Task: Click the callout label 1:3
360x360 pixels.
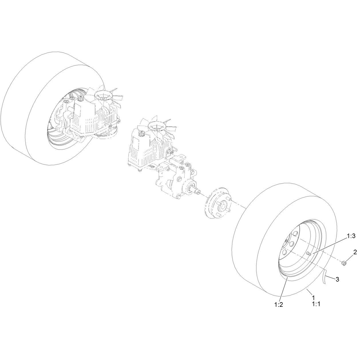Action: click(351, 236)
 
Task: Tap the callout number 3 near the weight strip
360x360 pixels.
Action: click(337, 285)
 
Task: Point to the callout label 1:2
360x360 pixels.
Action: click(278, 305)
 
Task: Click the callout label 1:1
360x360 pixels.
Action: click(316, 304)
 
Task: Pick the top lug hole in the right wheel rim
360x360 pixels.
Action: click(295, 234)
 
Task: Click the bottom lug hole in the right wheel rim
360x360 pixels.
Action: click(284, 252)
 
